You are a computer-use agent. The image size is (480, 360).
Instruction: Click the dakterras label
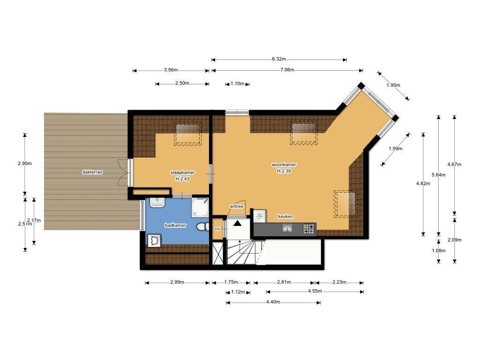(92, 172)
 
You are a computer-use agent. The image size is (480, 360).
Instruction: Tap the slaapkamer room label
(182, 172)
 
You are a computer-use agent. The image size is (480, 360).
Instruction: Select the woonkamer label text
(284, 165)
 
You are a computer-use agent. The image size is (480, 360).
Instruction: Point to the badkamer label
(175, 225)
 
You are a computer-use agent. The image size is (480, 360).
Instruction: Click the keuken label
(285, 217)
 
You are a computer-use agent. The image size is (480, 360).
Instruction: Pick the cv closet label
(217, 229)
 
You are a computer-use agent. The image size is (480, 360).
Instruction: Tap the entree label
(236, 206)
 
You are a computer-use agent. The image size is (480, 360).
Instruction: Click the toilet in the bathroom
(202, 227)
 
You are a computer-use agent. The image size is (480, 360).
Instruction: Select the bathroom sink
(157, 202)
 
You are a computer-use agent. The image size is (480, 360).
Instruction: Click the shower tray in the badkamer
(200, 208)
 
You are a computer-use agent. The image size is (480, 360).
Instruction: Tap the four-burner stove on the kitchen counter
(309, 229)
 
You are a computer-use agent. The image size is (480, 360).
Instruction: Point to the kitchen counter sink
(287, 228)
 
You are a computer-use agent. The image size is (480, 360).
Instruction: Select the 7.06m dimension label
(287, 70)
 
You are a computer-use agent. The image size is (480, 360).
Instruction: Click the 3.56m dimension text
(171, 70)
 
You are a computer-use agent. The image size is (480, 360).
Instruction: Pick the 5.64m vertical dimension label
(438, 175)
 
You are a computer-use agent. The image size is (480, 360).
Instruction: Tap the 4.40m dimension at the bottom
(273, 302)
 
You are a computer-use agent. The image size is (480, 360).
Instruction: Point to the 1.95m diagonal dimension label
(393, 85)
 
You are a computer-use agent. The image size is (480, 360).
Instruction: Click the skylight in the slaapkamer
(187, 134)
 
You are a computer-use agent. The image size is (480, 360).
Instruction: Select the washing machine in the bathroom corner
(154, 240)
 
